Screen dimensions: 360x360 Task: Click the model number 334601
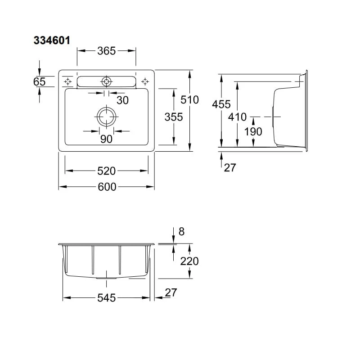[x=52, y=40]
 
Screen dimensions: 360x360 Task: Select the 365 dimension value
[x=106, y=51]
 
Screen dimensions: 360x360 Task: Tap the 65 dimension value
[x=39, y=81]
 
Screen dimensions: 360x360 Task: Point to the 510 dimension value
[x=189, y=99]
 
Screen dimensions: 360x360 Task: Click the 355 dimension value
[x=174, y=117]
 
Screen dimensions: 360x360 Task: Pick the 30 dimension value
[x=122, y=100]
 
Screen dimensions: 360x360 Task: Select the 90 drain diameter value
[x=106, y=139]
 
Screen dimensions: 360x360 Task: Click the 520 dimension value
[x=106, y=171]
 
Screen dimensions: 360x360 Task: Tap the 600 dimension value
[x=107, y=187]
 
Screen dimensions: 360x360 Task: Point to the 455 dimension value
[x=221, y=104]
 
